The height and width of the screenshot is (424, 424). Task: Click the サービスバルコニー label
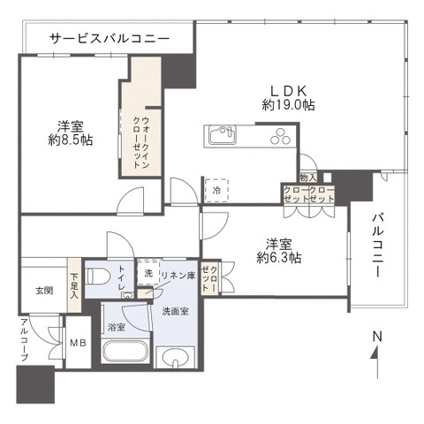109,39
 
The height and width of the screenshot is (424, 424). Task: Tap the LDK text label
289,89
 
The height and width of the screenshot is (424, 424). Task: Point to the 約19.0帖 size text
289,105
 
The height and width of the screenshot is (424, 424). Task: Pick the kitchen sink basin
221,135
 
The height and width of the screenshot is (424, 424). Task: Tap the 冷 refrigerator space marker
216,188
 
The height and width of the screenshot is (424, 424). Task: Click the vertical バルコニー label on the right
376,245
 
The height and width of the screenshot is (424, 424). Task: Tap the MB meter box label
78,343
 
